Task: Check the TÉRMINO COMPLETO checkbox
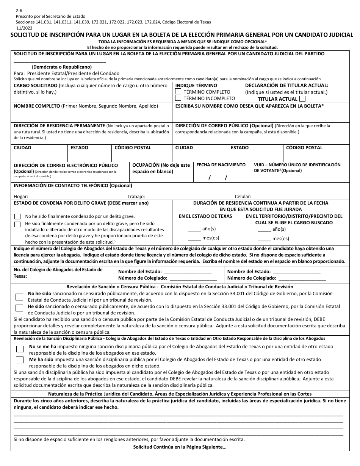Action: [x=178, y=92]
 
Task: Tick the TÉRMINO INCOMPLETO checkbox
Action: [x=178, y=98]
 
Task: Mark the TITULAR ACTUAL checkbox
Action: [x=302, y=99]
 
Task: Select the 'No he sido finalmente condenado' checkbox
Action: [x=17, y=217]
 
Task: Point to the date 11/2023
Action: [x=24, y=28]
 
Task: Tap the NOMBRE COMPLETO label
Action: [x=37, y=106]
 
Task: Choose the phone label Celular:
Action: [x=243, y=196]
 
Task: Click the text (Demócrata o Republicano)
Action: [x=61, y=67]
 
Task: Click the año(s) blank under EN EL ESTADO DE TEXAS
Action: [x=194, y=229]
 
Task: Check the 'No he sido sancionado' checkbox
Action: [x=19, y=297]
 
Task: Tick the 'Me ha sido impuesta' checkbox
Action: [x=19, y=360]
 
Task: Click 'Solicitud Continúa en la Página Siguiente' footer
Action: [x=180, y=447]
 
